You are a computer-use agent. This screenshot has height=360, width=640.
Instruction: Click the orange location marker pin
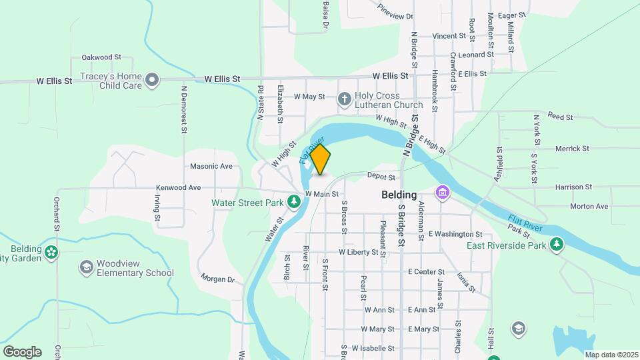point(321,159)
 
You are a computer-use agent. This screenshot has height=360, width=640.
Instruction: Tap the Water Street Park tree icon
point(294,201)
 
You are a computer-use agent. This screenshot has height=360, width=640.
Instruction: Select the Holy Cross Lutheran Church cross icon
point(345,100)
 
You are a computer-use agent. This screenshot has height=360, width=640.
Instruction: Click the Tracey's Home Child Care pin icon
point(153,81)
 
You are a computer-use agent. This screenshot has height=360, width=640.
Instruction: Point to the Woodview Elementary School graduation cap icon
point(86,267)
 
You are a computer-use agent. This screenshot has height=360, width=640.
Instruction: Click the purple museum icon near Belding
point(441,193)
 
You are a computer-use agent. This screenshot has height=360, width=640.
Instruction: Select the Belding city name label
point(399,195)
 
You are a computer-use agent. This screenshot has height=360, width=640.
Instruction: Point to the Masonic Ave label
point(211,166)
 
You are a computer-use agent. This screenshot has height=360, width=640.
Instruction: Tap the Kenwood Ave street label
point(178,188)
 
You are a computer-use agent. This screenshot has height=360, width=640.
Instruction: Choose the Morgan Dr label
point(218,279)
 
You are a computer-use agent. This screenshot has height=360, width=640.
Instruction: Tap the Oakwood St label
point(101,58)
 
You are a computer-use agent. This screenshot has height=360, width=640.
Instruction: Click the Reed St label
point(560,117)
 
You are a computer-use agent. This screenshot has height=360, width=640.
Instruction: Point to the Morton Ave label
point(589,207)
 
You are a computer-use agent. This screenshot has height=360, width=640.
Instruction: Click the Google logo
point(22,352)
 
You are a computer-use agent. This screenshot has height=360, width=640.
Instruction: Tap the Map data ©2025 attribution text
point(611,354)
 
